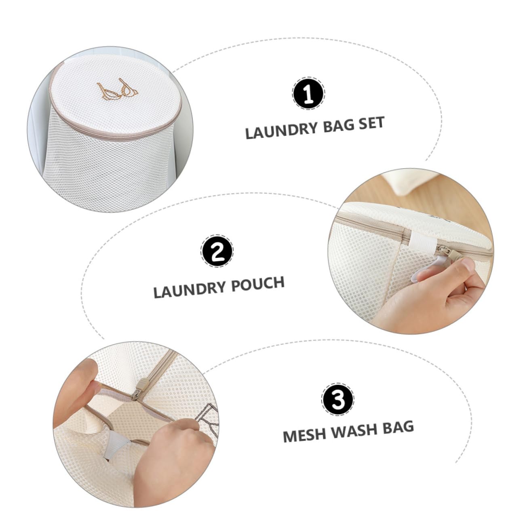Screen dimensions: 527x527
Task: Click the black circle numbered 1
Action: tap(308, 93)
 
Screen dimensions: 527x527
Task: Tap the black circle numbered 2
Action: tap(217, 251)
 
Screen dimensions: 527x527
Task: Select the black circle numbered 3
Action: tap(338, 399)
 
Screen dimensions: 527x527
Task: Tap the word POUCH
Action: tap(258, 284)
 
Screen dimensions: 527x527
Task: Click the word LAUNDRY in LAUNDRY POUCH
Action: tap(190, 290)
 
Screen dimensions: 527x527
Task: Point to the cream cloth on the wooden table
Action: tap(410, 181)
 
